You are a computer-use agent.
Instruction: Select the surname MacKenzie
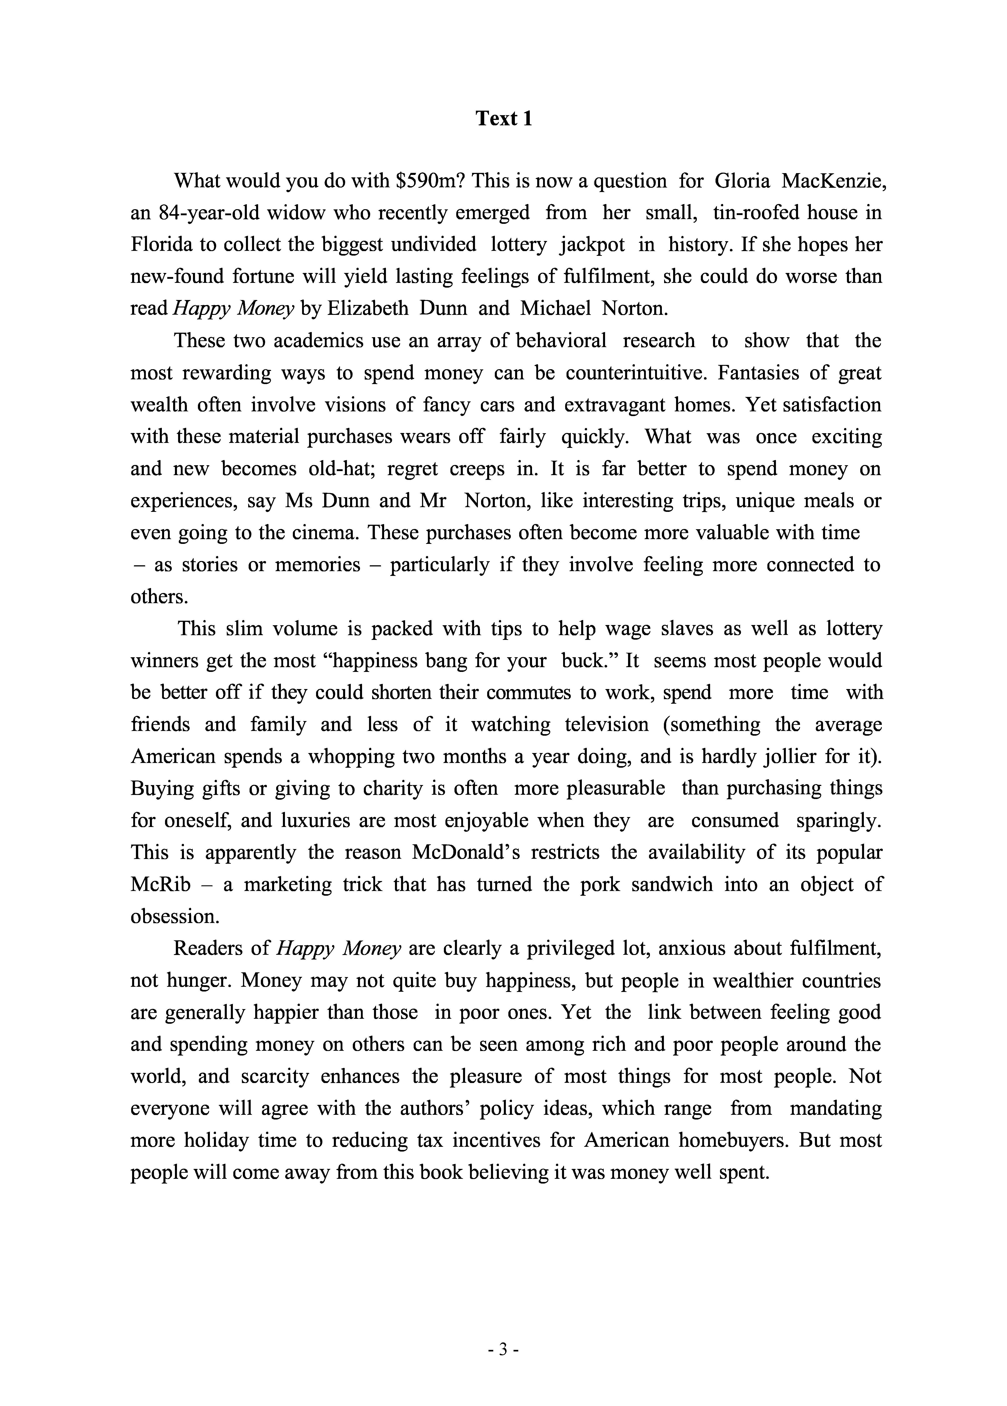pyautogui.click(x=832, y=181)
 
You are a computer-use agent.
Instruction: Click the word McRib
pyautogui.click(x=161, y=885)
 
